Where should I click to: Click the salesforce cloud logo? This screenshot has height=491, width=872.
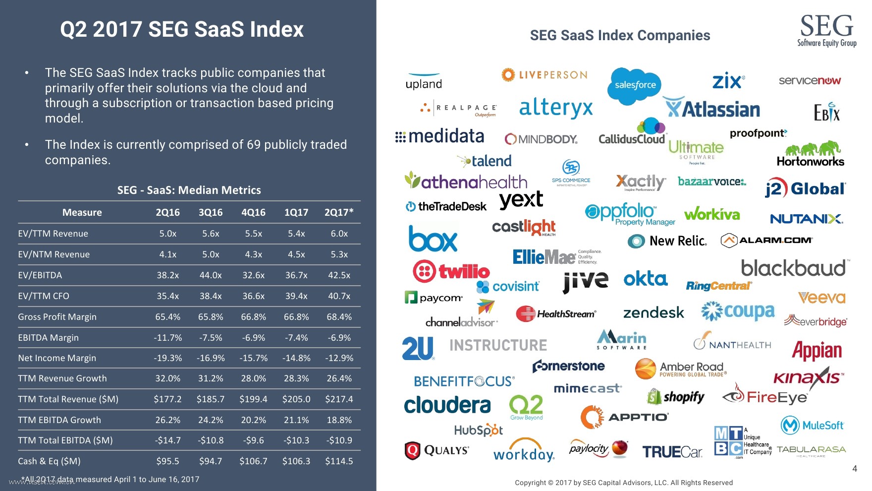click(635, 85)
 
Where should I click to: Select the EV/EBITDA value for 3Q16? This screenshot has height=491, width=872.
click(211, 275)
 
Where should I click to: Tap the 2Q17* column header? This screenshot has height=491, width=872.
click(339, 212)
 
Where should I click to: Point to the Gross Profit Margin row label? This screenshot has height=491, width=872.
click(57, 316)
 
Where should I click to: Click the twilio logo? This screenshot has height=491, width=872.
click(451, 271)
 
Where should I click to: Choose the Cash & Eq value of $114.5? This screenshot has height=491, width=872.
click(339, 461)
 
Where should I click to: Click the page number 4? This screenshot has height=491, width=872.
click(854, 468)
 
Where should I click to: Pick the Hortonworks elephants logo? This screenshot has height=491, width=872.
click(811, 154)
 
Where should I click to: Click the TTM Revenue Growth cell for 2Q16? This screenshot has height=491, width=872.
click(167, 378)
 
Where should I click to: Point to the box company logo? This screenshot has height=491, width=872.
click(433, 239)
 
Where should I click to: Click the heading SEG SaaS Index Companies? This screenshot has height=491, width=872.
click(620, 35)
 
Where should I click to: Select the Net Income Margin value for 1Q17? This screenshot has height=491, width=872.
click(296, 358)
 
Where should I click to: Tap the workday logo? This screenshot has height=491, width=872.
click(524, 450)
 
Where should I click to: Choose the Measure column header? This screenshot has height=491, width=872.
click(82, 212)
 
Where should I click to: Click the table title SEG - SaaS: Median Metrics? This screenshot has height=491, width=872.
click(189, 190)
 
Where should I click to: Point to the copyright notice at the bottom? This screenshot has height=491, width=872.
click(623, 483)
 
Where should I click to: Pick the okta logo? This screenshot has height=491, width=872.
click(646, 279)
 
